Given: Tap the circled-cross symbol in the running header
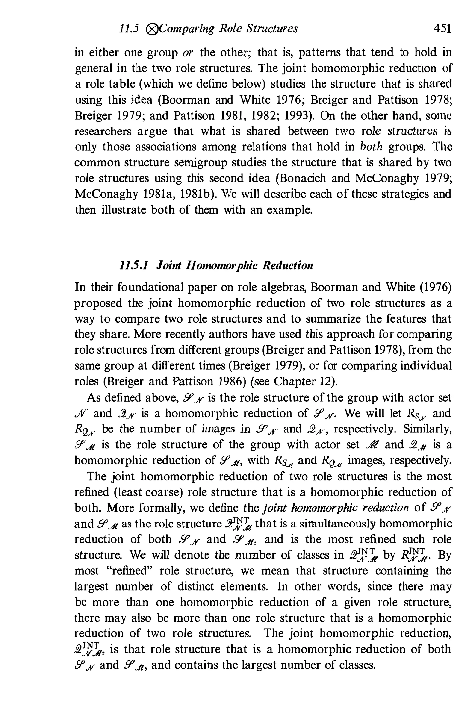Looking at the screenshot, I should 151,29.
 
